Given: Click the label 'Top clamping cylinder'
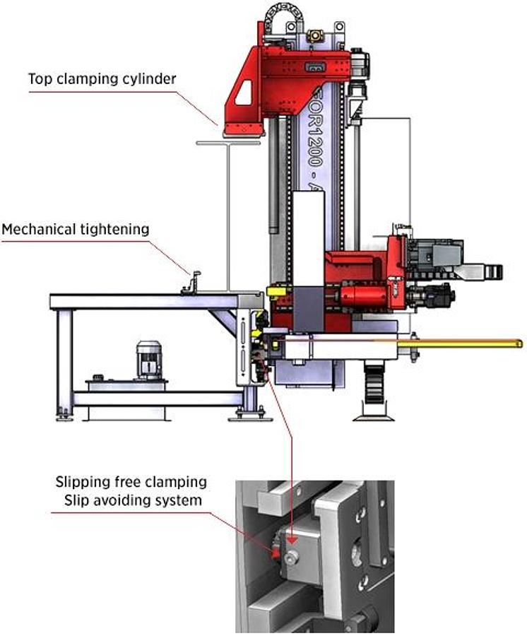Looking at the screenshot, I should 102,78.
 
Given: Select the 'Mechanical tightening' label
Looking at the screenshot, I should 76,229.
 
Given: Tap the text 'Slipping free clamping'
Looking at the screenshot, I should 131,483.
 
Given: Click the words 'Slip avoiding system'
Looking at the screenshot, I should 131,500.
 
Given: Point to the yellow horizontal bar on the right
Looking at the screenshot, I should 459,343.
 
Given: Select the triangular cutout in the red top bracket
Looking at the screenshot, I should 244,93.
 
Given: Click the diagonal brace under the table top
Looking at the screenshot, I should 227,322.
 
